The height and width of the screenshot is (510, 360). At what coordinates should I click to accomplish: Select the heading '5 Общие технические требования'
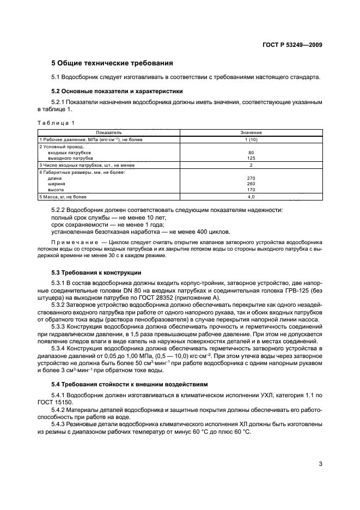[112, 63]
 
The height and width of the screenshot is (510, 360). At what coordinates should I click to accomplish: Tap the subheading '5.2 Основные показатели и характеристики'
[117, 91]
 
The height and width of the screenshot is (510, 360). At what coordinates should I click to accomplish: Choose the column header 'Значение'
[251, 132]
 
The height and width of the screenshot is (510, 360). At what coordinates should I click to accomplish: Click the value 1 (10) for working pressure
[251, 139]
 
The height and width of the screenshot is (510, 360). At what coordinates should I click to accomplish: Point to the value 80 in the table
[251, 153]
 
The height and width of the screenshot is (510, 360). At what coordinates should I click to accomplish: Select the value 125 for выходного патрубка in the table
[251, 158]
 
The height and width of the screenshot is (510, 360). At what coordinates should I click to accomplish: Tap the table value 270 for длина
[251, 178]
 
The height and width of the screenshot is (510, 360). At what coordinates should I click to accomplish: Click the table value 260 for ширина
[251, 184]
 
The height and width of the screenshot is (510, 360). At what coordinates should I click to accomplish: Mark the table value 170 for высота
[251, 190]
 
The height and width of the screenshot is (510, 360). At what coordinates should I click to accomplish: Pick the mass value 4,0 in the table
[251, 196]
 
